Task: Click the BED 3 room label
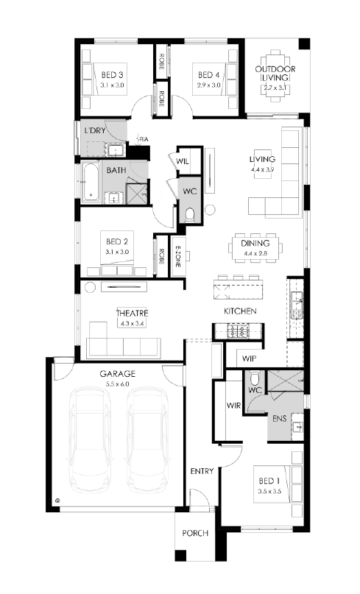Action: click(112, 75)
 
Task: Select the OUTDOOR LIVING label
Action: click(275, 73)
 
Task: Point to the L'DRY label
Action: click(95, 131)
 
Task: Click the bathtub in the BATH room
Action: click(91, 182)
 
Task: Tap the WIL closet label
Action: click(183, 161)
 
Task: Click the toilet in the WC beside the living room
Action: click(190, 215)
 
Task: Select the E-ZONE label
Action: click(177, 256)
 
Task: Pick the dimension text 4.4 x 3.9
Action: click(262, 169)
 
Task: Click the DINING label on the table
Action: click(255, 243)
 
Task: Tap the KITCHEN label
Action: click(240, 311)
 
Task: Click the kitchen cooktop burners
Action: click(237, 331)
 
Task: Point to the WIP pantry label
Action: click(249, 358)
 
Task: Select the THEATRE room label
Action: click(132, 314)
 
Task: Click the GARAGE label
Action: click(118, 374)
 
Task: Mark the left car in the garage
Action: click(91, 439)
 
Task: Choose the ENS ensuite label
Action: click(279, 419)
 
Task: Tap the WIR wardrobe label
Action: click(233, 406)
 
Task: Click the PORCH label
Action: click(195, 533)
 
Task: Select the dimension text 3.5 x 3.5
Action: click(269, 492)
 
